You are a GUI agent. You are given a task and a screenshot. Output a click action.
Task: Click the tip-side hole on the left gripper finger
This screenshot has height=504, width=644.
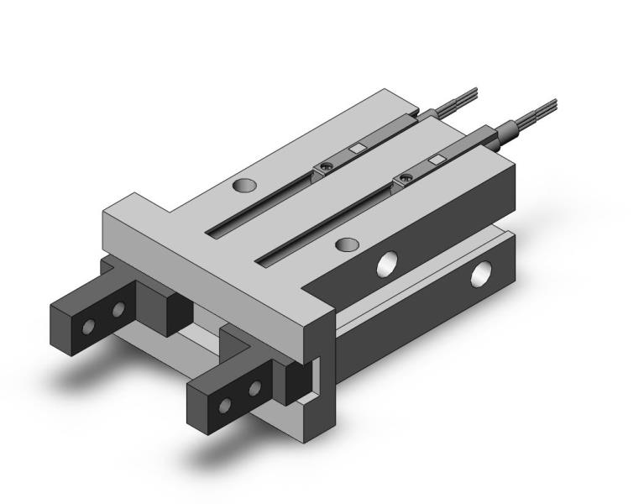pyautogui.click(x=88, y=326)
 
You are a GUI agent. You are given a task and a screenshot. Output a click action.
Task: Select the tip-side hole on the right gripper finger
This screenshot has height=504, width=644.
pyautogui.click(x=224, y=406)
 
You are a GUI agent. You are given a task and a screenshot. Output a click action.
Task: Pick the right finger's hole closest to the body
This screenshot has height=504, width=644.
pyautogui.click(x=253, y=387)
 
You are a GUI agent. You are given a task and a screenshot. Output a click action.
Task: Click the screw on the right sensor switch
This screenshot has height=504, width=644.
pyautogui.click(x=407, y=176)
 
